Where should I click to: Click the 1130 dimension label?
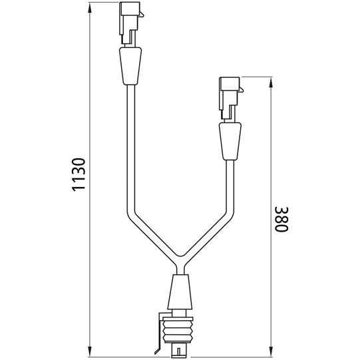[x=79, y=175]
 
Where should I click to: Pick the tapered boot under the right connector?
[x=230, y=142]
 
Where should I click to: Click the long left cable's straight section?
[x=131, y=146]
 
